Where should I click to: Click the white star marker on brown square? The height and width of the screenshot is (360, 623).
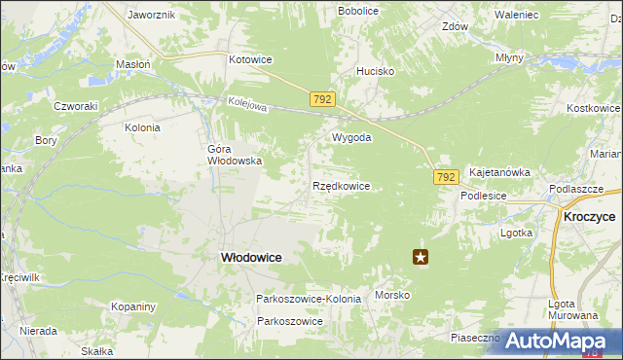[421, 257]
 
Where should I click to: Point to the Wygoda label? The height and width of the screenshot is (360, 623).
[351, 137]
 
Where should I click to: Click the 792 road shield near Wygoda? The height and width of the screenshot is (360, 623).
[324, 99]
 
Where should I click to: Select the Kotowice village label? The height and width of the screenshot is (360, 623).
[250, 59]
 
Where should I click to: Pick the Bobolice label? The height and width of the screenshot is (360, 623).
[357, 11]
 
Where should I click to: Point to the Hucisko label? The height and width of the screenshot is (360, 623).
[375, 71]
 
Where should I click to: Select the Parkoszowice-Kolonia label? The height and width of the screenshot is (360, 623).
[308, 298]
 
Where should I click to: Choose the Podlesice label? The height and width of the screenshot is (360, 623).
[483, 195]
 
